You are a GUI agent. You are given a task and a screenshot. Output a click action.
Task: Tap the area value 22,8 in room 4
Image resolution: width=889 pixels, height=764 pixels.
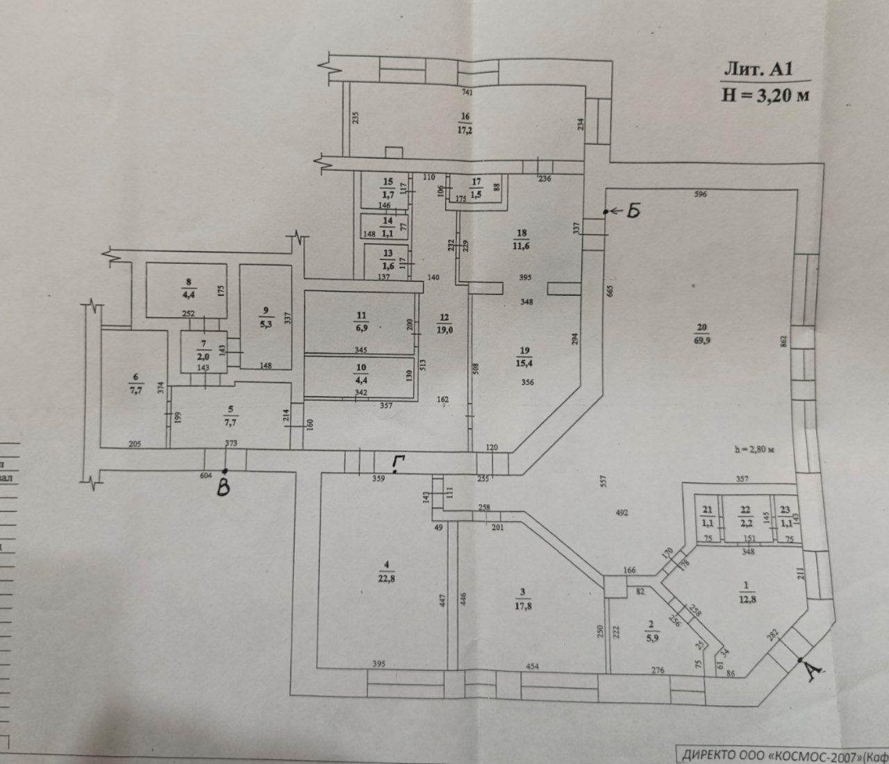(364, 578)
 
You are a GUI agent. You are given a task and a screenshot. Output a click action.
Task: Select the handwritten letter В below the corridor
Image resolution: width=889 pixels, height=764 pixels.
(224, 489)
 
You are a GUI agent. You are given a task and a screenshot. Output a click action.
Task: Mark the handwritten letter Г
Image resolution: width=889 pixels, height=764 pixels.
(397, 462)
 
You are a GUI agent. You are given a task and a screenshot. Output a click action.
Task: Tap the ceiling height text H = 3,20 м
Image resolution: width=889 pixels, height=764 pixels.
(765, 95)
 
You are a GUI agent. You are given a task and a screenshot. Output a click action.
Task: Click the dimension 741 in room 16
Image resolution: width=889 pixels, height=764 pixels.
(467, 92)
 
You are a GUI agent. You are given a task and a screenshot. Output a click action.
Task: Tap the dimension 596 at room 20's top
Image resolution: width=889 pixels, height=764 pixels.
(700, 195)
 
